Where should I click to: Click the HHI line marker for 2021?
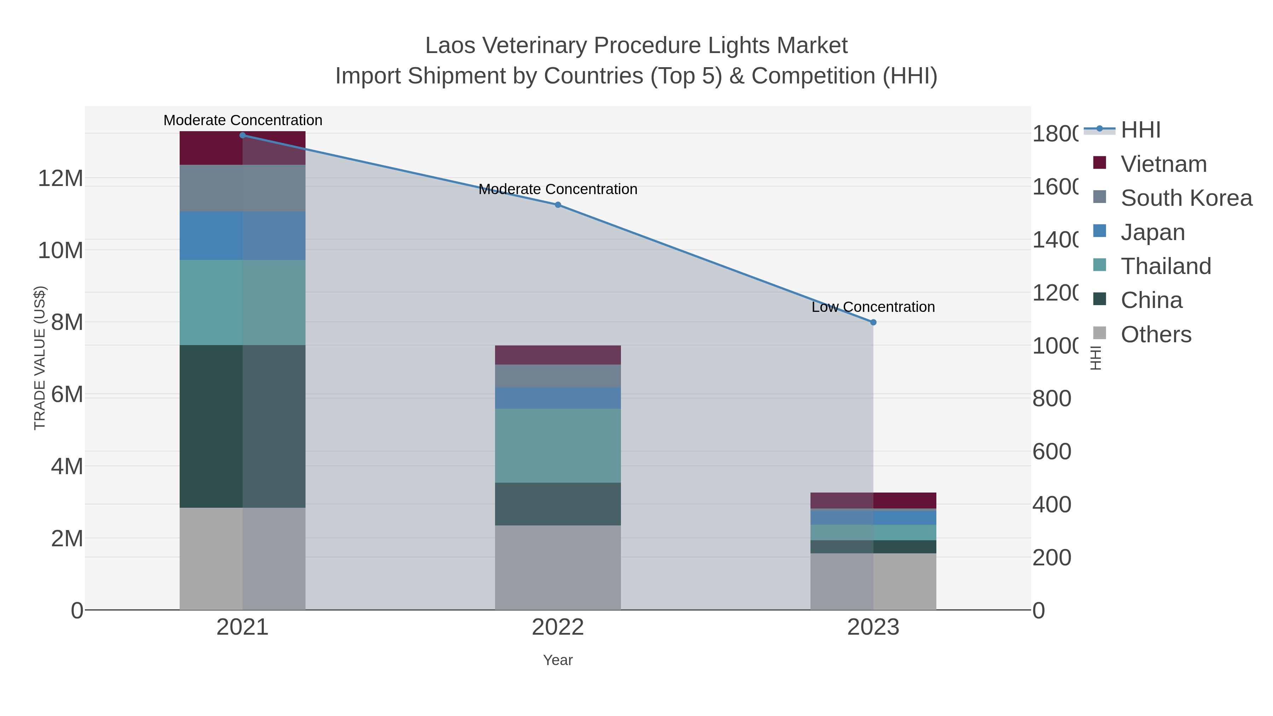pos(242,135)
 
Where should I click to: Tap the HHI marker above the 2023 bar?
pos(873,322)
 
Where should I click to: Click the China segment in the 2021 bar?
pos(242,426)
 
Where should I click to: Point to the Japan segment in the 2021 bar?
pos(242,236)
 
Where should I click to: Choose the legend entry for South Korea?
pos(1186,198)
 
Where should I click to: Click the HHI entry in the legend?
pos(1140,130)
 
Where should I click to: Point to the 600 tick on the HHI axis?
pos(1052,452)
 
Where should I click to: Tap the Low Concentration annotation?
pos(873,307)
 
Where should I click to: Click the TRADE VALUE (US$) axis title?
pos(40,358)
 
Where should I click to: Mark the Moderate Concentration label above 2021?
pos(243,120)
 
